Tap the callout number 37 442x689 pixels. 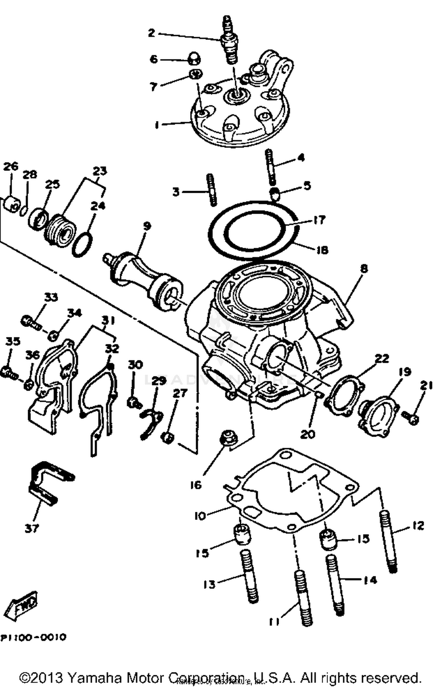point(32,528)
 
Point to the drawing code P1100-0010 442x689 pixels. point(33,637)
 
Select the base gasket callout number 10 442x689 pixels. point(200,516)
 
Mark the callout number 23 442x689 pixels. point(100,171)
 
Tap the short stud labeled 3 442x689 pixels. point(212,190)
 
